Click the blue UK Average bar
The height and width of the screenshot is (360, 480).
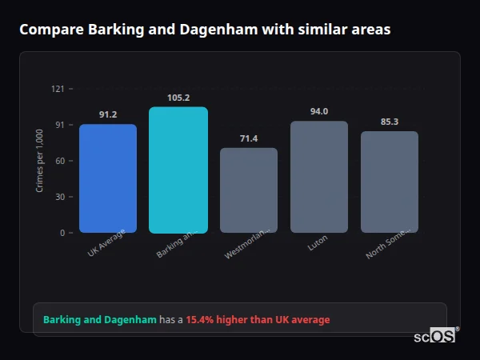coord(108,178)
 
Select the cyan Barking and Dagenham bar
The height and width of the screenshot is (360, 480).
coord(178,170)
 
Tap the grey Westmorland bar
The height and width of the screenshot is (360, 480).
coord(249,190)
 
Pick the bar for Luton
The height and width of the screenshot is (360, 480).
coord(319,177)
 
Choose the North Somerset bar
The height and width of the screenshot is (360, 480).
coord(390,182)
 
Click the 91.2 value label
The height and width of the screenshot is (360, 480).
coord(108,115)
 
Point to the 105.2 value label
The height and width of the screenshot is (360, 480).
coord(178,98)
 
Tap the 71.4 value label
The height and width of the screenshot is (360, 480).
coord(249,138)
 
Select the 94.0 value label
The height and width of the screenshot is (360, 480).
coord(319,111)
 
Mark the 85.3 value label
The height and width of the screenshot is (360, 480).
coord(390,122)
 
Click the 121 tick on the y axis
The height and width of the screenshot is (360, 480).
coord(58,89)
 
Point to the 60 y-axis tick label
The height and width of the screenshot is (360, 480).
coord(59,161)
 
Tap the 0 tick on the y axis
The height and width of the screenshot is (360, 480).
coord(62,233)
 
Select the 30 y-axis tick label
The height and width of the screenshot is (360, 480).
coord(59,197)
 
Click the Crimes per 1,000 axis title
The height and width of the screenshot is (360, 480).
coord(40,162)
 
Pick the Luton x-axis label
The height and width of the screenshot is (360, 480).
coord(318,243)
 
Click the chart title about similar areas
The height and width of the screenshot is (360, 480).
coord(206,30)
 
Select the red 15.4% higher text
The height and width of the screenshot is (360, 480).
coord(258,320)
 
